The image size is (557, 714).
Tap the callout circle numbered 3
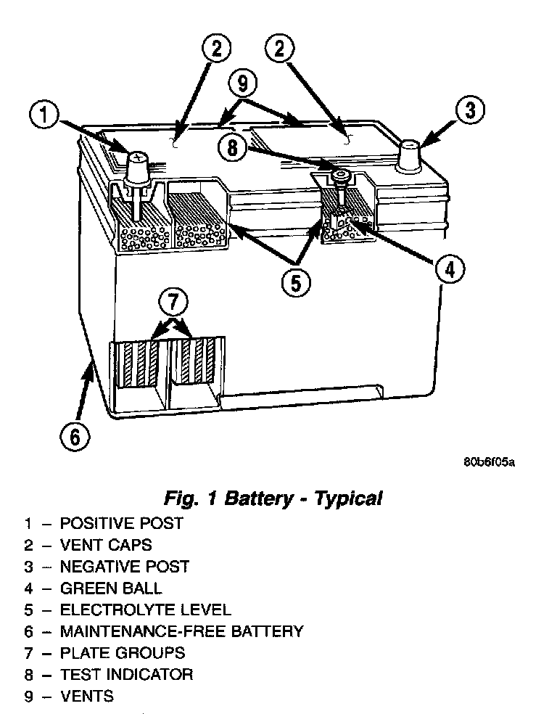(x=470, y=111)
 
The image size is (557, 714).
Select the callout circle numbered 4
(x=449, y=270)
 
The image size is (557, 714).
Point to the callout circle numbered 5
(x=295, y=282)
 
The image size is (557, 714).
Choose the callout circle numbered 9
(x=242, y=84)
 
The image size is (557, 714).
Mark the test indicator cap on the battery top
(x=339, y=175)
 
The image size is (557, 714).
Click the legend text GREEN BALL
(x=111, y=588)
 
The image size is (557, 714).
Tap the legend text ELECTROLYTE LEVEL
(x=145, y=610)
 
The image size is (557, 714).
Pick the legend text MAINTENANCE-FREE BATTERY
(x=181, y=631)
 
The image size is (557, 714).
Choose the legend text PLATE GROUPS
(x=123, y=653)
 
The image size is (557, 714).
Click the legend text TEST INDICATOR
(x=126, y=675)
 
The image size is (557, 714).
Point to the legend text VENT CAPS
(x=106, y=544)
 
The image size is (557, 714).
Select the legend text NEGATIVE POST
(x=124, y=566)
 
